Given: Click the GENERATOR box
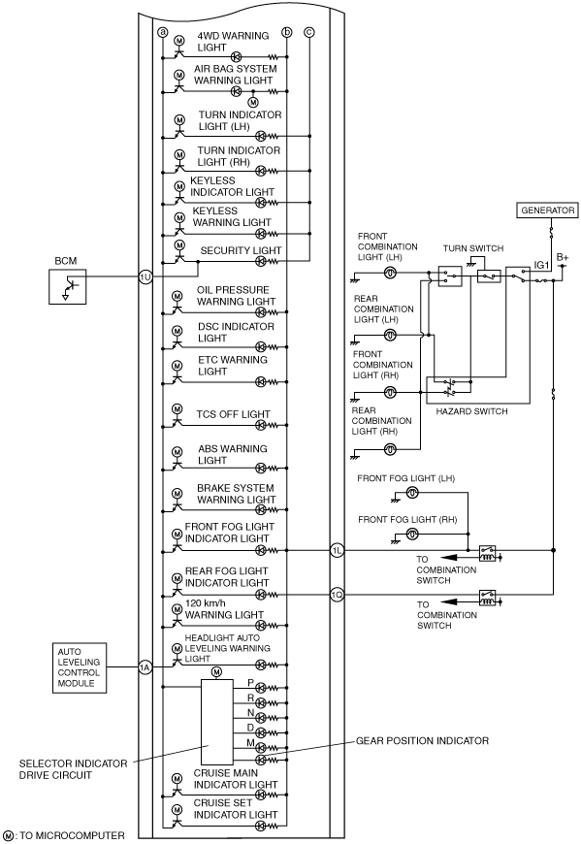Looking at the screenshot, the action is click(547, 210).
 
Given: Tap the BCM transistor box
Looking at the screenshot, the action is click(67, 287).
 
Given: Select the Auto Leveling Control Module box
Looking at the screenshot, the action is click(80, 667).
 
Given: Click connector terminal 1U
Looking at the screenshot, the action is click(145, 277).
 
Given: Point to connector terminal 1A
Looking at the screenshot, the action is click(145, 667).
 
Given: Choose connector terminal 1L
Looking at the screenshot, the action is click(337, 550).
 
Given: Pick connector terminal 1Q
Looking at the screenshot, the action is click(337, 595).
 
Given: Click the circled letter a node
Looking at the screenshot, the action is click(162, 32).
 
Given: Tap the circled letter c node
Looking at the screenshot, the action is click(308, 32).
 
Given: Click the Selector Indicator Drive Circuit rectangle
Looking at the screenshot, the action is click(217, 722).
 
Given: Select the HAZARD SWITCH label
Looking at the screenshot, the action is click(471, 411).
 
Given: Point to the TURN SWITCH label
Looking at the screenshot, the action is click(473, 248).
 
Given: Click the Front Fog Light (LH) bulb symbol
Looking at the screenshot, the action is click(412, 492).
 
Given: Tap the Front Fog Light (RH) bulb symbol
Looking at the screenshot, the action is click(412, 534).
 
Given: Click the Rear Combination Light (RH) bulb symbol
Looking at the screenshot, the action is click(391, 449).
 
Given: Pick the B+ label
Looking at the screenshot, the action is click(563, 258).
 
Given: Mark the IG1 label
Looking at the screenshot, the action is click(541, 265).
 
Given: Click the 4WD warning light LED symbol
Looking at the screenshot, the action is click(236, 56).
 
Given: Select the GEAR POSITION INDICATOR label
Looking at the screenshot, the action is click(422, 740).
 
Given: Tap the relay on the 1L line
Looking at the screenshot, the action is click(487, 553).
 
